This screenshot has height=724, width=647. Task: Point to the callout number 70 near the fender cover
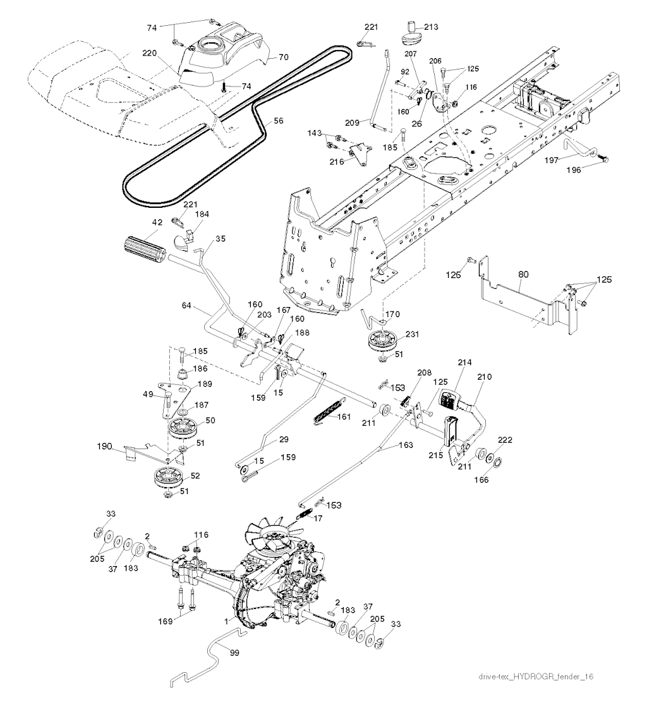click(x=284, y=57)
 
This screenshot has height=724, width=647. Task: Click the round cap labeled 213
click(x=411, y=39)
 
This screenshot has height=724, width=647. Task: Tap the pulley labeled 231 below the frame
click(x=382, y=344)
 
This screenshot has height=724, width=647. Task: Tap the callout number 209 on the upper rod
click(x=352, y=121)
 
